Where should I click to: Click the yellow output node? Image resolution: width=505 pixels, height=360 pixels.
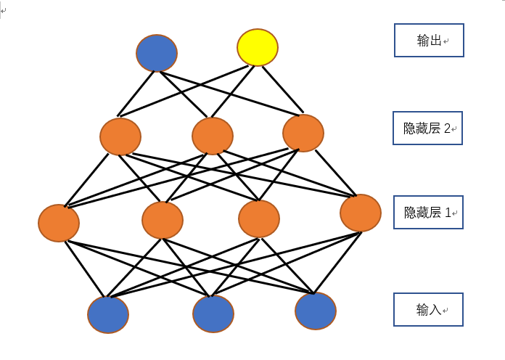point(258,47)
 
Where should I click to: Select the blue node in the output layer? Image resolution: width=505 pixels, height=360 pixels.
point(157,53)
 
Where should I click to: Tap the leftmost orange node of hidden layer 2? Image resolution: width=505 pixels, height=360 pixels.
point(120,136)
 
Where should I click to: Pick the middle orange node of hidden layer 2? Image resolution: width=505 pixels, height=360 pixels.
point(213,136)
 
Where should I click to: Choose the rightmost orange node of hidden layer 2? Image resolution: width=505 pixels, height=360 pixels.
point(303,133)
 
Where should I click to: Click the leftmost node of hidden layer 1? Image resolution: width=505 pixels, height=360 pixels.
point(59,223)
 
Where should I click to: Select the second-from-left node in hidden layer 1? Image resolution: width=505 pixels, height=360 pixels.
point(163,220)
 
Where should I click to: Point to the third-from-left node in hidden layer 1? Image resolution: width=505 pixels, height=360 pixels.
point(259,218)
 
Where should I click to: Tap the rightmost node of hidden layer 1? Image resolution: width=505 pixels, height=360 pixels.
point(361,213)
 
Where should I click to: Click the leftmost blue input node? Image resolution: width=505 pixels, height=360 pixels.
point(108,314)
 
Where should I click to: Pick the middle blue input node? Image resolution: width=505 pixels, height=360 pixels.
point(213,314)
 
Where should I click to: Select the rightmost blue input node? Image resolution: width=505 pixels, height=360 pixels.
point(316,311)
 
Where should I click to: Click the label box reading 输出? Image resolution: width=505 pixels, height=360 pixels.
point(429,41)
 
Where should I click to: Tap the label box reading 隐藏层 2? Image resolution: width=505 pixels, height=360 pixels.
point(427,128)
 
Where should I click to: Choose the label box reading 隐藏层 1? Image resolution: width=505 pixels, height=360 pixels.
point(428,213)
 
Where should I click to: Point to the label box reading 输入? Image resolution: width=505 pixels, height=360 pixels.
point(428,309)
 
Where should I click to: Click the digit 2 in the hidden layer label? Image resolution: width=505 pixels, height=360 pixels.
point(447,128)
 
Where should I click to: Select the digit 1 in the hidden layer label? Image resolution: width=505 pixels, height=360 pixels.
point(448,213)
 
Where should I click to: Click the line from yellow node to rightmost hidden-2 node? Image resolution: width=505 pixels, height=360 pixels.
point(283,89)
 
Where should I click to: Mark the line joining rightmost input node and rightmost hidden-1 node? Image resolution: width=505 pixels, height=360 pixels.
point(337,263)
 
